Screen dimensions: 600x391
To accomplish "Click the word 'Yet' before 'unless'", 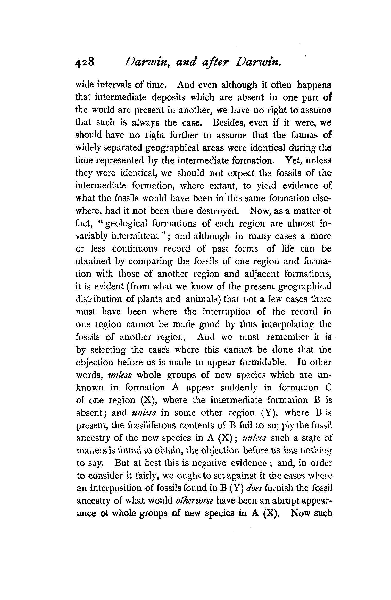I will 290,161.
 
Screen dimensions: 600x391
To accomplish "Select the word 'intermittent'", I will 136,236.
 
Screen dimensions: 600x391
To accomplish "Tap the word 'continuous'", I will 135,249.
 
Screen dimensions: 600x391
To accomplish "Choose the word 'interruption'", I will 226,312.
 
